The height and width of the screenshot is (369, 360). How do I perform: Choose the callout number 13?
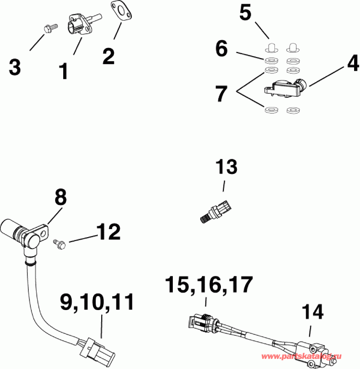click(226, 167)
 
